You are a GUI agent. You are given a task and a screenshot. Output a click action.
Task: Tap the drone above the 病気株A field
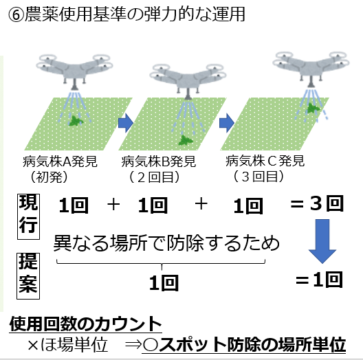point(74,71)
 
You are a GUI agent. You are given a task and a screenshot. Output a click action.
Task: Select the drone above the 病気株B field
point(188,82)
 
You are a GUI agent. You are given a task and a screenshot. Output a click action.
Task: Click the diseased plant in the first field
point(76,121)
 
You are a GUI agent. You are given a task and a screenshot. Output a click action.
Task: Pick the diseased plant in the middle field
point(185,140)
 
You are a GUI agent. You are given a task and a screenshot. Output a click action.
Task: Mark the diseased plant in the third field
point(313,109)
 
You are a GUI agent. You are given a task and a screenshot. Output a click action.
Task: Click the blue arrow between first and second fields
point(126,123)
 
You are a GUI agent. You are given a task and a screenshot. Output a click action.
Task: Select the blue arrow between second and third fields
point(227,123)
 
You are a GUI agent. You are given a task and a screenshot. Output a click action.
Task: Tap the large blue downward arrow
point(322,241)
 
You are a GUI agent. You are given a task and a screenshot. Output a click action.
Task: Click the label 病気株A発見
point(60,161)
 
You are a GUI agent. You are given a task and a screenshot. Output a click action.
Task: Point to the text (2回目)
point(154,177)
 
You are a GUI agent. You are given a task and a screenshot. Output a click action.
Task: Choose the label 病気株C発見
point(265,161)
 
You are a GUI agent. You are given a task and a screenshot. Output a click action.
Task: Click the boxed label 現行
point(28,216)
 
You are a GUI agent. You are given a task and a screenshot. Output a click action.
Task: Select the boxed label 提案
point(28,276)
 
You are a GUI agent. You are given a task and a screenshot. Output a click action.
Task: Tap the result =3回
point(317,203)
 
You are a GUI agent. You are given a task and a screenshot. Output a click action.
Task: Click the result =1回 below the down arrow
point(319,280)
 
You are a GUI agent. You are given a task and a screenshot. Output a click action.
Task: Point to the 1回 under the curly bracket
point(164,283)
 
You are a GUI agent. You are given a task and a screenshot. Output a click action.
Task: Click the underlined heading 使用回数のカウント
point(85,324)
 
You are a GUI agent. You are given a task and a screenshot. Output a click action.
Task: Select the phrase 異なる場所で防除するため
point(166,243)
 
